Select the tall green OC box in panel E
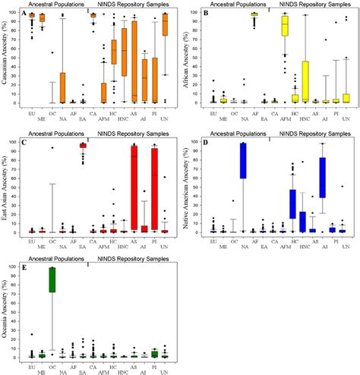tap(52, 290)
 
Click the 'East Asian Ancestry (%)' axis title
tap(6, 186)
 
